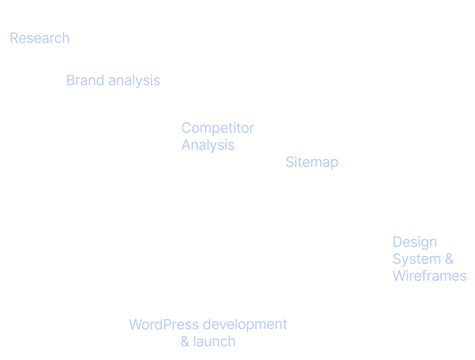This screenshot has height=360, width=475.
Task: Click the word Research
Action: tap(40, 38)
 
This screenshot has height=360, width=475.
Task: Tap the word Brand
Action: tap(86, 80)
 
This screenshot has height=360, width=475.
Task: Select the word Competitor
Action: tap(218, 128)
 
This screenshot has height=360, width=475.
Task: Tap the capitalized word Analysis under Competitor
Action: tap(208, 145)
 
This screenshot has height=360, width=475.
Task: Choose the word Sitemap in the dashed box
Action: tap(312, 162)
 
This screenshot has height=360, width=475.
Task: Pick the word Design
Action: tap(414, 242)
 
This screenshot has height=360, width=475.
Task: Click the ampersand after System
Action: tap(449, 259)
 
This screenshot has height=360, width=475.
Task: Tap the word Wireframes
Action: tap(429, 276)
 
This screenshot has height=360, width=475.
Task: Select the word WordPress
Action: tap(163, 325)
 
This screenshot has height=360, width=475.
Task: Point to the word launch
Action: tap(214, 341)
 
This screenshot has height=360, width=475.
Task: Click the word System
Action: tap(416, 259)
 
